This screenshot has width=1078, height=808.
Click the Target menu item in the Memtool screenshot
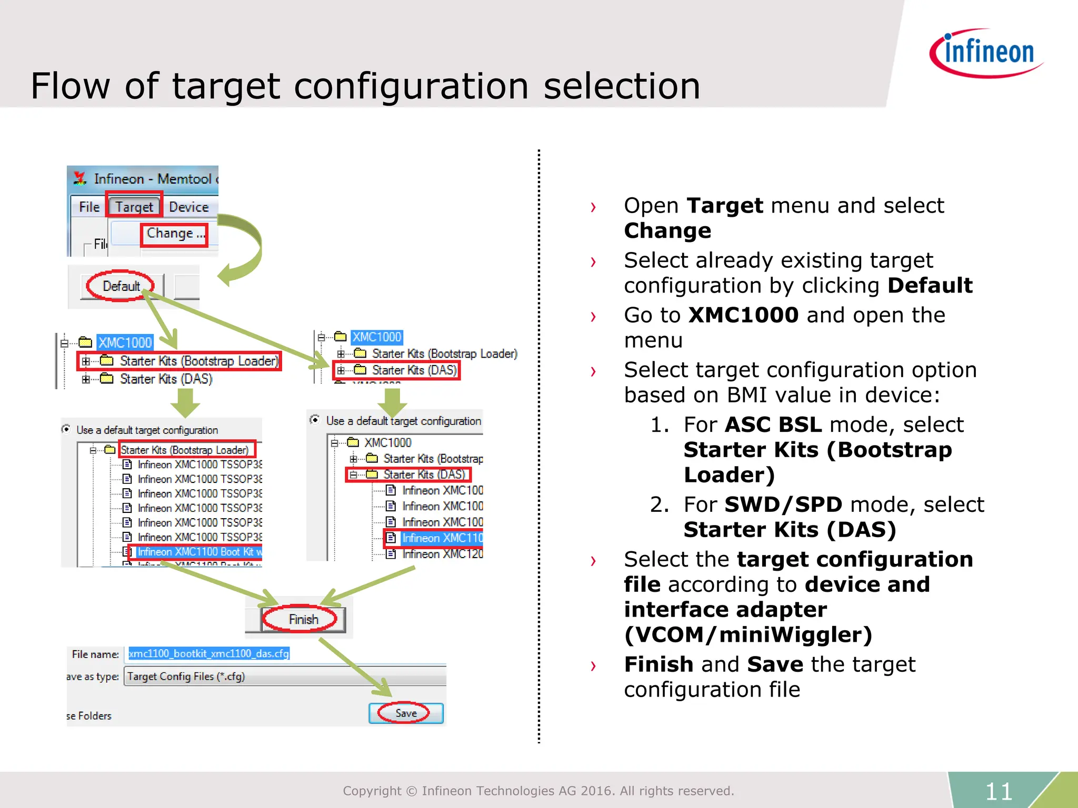point(134,207)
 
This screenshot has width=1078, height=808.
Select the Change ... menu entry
point(175,234)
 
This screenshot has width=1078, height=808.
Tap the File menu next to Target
point(89,207)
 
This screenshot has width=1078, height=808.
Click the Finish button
point(303,619)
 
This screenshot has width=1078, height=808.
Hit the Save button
point(406,713)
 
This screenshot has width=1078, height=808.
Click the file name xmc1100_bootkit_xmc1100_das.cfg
point(209,653)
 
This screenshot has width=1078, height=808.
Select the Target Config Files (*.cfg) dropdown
point(284,676)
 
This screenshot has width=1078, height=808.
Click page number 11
point(999,791)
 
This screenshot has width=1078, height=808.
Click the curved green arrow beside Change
point(243,247)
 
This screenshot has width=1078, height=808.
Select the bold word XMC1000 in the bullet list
point(743,315)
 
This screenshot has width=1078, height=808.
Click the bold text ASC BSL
point(773,425)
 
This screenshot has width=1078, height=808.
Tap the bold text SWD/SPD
point(783,504)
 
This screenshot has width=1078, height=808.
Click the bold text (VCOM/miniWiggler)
point(748,635)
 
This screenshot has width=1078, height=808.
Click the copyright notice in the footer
point(538,791)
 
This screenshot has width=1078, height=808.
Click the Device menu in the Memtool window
point(188,207)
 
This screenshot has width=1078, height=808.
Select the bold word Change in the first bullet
point(667,231)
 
